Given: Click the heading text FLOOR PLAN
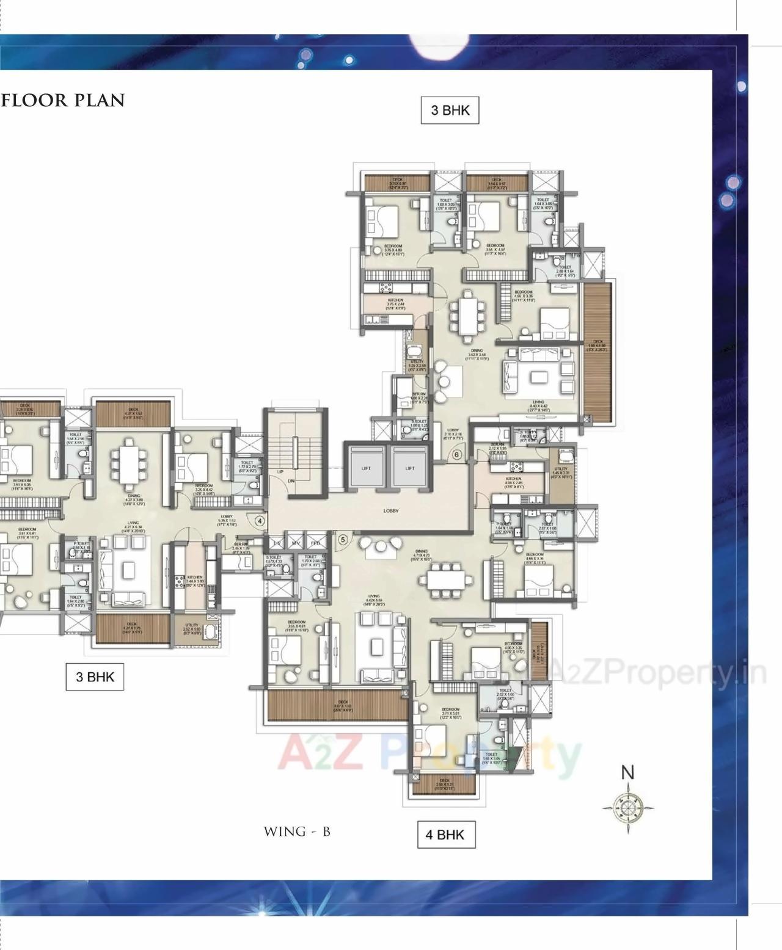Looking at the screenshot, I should (64, 100).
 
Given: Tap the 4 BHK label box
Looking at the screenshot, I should (445, 835).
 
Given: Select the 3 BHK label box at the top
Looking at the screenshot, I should (450, 111).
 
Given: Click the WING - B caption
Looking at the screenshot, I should (298, 832).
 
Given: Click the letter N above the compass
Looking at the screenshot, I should (628, 772).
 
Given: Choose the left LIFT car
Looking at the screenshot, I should (366, 468).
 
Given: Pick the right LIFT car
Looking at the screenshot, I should (409, 468).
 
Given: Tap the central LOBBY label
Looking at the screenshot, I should (391, 510).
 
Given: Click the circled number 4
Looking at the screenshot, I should (260, 521).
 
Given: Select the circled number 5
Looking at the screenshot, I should (342, 540).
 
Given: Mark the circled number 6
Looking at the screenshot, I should (456, 454).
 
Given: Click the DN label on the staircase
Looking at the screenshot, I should (291, 481).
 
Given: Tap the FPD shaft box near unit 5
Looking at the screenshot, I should (315, 543).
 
